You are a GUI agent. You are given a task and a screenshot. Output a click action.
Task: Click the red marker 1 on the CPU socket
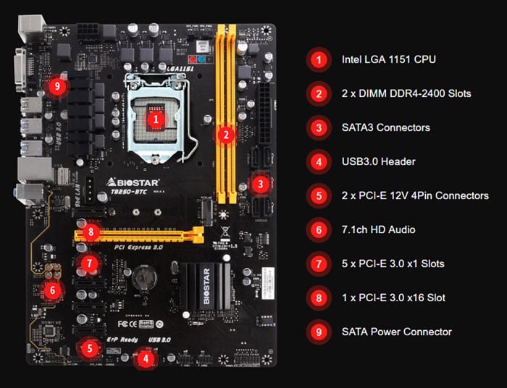point(156,117)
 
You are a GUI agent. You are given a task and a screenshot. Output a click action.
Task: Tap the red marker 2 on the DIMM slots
point(227,134)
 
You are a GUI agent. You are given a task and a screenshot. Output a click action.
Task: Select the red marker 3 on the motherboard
point(260,185)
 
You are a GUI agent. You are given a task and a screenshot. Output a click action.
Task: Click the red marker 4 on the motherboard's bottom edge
point(146,358)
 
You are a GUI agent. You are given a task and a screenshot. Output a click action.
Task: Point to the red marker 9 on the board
point(59,87)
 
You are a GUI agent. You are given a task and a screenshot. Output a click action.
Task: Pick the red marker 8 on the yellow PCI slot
point(90,232)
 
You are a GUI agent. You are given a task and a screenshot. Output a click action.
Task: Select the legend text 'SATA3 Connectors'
point(386,127)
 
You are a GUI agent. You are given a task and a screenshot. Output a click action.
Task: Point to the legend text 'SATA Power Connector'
point(397,332)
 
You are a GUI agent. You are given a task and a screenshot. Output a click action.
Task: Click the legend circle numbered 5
point(319,195)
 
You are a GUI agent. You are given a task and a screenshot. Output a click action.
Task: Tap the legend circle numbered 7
point(319,263)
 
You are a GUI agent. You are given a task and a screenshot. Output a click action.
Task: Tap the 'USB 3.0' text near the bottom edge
point(159,339)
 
